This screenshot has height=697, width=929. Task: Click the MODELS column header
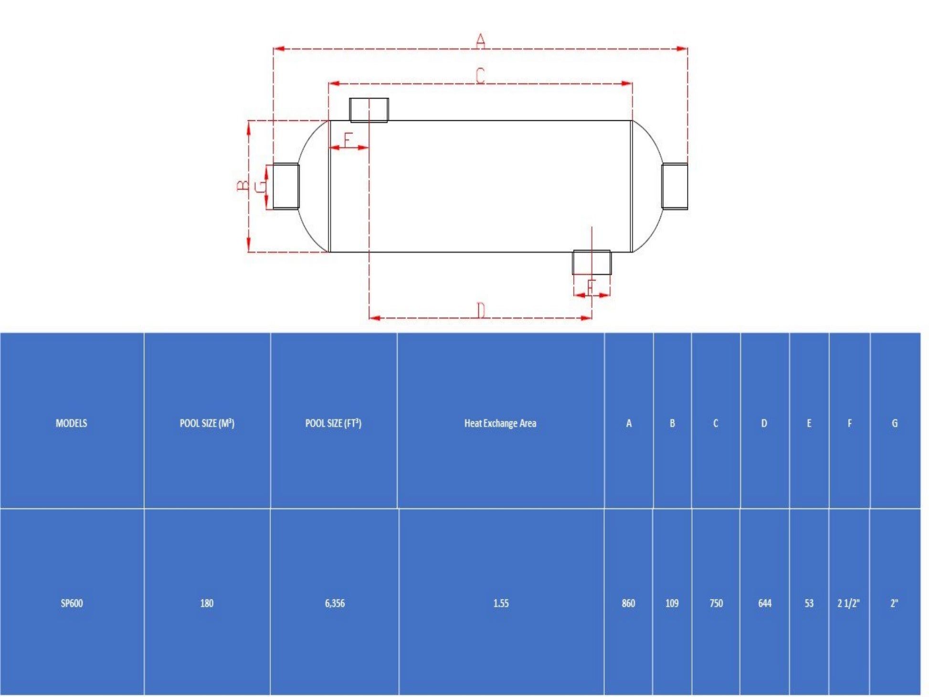pos(72,423)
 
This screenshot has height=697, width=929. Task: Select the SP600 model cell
pos(72,603)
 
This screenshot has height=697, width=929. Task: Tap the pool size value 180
pos(207,603)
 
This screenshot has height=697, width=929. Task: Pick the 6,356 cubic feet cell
pos(335,603)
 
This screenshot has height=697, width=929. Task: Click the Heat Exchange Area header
pos(500,423)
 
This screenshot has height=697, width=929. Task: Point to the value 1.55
pos(501,603)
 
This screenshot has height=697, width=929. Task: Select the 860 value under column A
pos(628,603)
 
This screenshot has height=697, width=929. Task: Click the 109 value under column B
pos(672,603)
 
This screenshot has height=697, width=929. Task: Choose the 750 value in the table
pos(716,603)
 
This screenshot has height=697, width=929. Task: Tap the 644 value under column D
pos(765,603)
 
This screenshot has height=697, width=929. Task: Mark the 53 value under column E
pos(809,603)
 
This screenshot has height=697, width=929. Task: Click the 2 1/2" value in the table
pos(848,603)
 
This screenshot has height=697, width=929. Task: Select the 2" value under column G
pos(894,603)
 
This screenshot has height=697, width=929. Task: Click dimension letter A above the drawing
pos(480,41)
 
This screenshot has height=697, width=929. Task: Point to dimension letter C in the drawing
pos(480,75)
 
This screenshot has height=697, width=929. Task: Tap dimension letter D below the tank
pos(481,310)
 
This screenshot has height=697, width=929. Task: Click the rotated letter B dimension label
pos(243,185)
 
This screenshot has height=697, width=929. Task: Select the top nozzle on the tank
pos(369,110)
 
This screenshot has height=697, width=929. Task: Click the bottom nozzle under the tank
pos(591,262)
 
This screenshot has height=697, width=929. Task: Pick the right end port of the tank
pos(675,186)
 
